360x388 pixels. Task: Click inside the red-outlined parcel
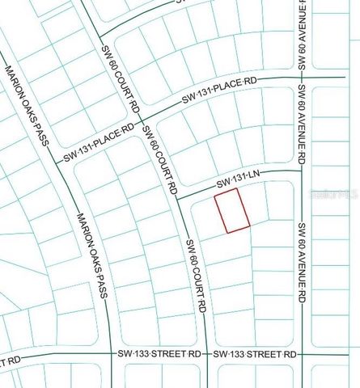[231, 211]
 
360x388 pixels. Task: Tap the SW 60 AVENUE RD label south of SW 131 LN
[301, 263]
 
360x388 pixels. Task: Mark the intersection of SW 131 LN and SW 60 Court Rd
[178, 197]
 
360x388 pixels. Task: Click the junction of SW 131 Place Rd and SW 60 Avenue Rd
[301, 78]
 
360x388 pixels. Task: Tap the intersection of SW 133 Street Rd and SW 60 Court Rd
[208, 354]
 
